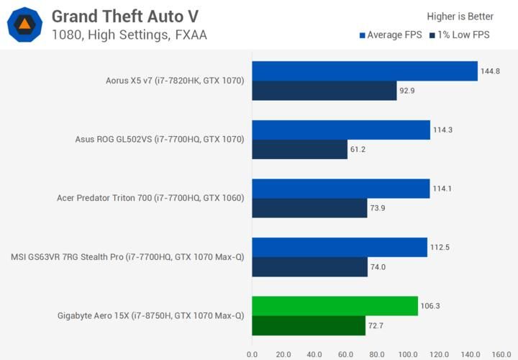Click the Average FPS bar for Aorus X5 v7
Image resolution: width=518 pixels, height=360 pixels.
[x=365, y=71]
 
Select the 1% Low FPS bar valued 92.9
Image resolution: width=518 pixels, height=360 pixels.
[x=324, y=91]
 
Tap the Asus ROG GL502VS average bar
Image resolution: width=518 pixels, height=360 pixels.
[x=341, y=130]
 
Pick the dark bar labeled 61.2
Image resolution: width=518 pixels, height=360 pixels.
[x=299, y=150]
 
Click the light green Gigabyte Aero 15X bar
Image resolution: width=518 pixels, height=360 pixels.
[x=335, y=306]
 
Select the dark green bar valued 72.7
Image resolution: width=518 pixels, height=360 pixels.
[x=309, y=325]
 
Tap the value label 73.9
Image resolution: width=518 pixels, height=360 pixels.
[x=380, y=208]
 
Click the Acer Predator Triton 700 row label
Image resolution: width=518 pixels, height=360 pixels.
[x=150, y=198]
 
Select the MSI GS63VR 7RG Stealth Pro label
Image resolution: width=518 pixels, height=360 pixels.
[x=127, y=257]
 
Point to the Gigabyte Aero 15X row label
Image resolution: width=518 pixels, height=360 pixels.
[x=150, y=315]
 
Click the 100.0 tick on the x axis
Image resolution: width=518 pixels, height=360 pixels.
[x=408, y=354]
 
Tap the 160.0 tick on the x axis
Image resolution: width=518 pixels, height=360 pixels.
[x=501, y=354]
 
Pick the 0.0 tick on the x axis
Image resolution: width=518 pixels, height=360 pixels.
[x=252, y=354]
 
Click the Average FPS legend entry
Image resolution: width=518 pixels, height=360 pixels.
[x=391, y=35]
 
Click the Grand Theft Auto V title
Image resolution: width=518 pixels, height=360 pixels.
[x=125, y=16]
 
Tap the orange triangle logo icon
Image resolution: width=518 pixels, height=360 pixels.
[x=24, y=24]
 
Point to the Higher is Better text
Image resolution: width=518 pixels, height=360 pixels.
[x=460, y=17]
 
